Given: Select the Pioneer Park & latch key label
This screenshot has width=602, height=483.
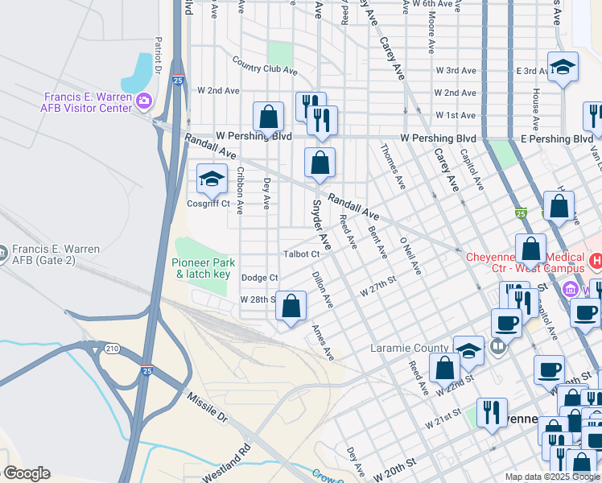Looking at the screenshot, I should tap(204, 269).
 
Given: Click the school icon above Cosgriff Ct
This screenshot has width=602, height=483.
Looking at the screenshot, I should tap(212, 178).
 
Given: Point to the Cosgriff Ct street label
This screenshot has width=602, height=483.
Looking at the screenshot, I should tap(208, 204).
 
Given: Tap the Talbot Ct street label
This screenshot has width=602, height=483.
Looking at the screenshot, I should tap(302, 254).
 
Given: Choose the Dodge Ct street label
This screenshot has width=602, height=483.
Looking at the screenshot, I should tap(259, 278).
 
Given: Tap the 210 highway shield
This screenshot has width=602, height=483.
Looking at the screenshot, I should tap(111, 348).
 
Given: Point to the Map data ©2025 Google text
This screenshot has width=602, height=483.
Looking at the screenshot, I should tap(551, 477).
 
